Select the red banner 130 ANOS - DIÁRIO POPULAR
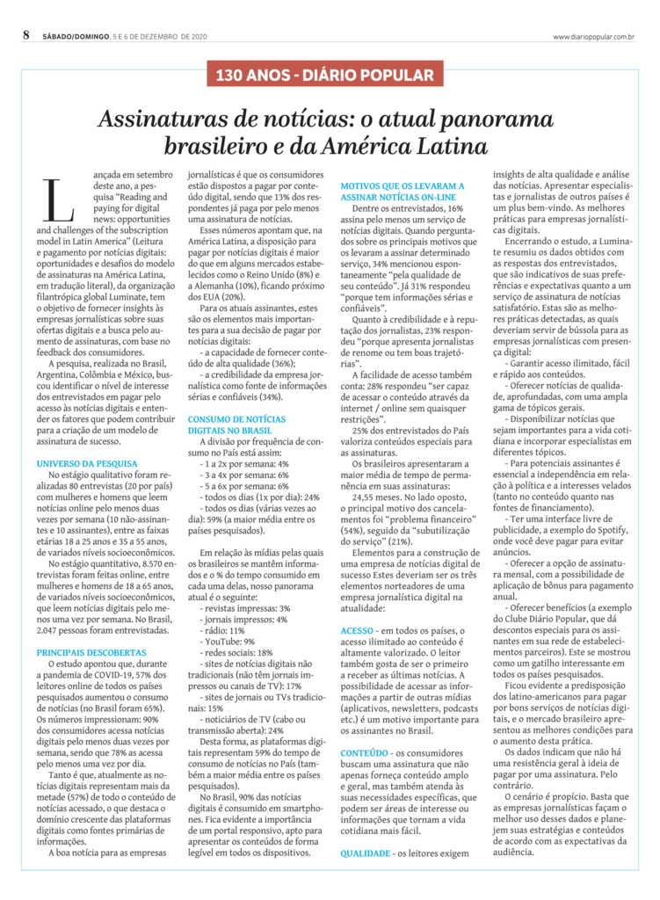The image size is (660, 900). coord(330,76)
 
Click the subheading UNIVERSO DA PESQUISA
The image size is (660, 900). coord(87,462)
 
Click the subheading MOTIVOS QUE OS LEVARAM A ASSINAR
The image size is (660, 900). coord(402,192)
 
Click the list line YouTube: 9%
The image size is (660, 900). coord(228,617)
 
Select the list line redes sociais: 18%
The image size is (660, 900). coord(237,629)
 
